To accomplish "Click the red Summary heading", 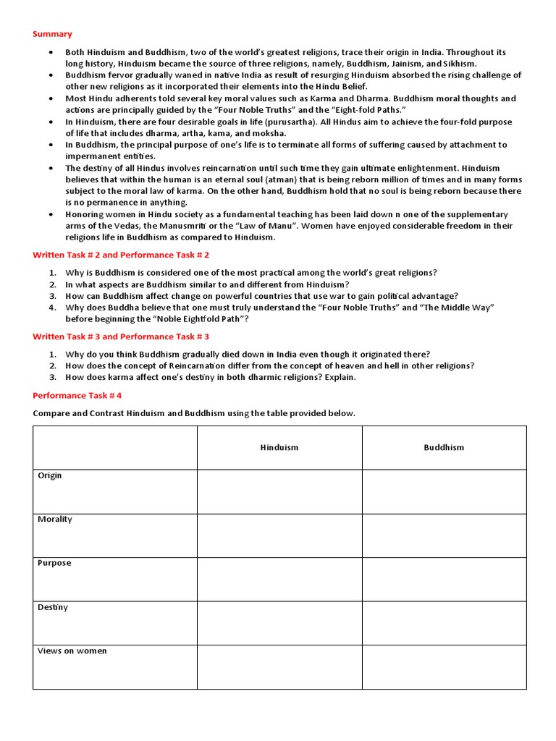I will pos(52,34).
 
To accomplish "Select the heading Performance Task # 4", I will pos(77,395).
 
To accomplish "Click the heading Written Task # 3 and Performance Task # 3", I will pos(121,336).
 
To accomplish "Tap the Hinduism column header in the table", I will pos(279,447).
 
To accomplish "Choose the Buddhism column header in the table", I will pos(444,447).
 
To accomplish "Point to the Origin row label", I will pos(50,475).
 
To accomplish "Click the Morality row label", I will pos(55,520).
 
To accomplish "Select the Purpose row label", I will pos(54,563).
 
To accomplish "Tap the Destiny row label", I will pos(53,607).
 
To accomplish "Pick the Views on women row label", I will pos(72,651).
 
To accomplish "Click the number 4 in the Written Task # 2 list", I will pos(53,308).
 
